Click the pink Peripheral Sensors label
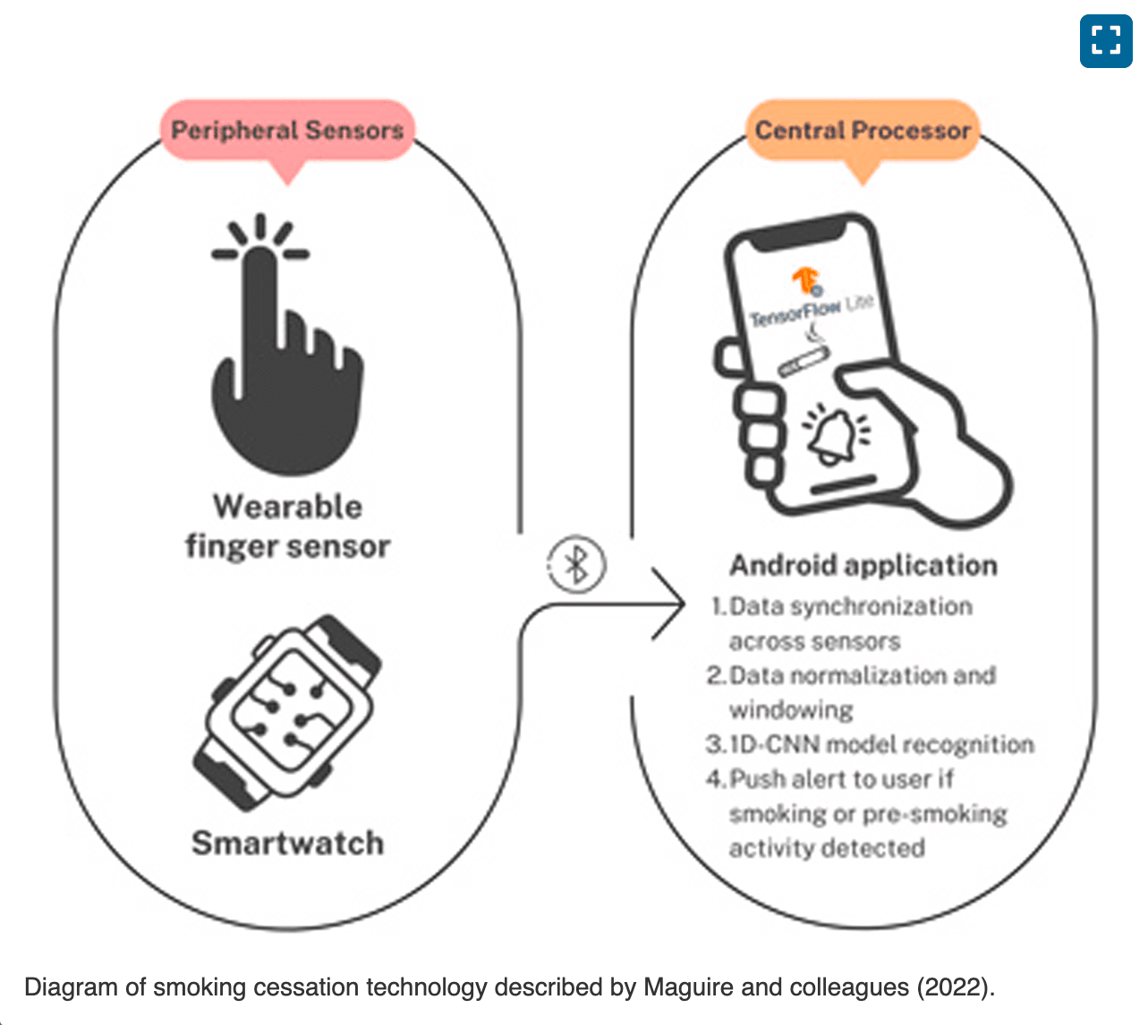coord(287,131)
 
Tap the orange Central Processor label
coord(863,131)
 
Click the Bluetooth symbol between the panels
coord(576,565)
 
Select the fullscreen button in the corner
coord(1106,40)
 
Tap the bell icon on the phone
coord(829,435)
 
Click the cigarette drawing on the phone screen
coord(802,360)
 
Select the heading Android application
coord(863,566)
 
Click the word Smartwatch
coord(287,843)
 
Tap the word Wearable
coord(287,507)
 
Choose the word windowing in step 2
coord(791,710)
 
